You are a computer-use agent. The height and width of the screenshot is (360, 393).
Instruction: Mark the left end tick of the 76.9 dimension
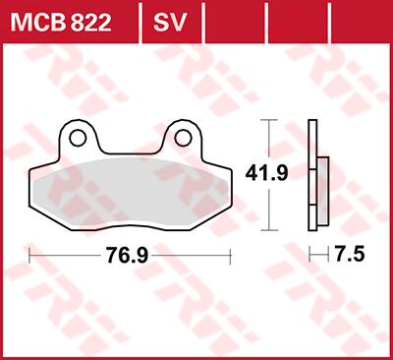coord(31,256)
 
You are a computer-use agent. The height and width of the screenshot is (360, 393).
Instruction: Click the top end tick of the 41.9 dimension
coord(268,120)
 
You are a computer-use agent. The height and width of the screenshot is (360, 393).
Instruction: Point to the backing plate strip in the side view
coord(312,177)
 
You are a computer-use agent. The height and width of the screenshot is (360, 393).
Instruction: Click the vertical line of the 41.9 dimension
coord(268,143)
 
